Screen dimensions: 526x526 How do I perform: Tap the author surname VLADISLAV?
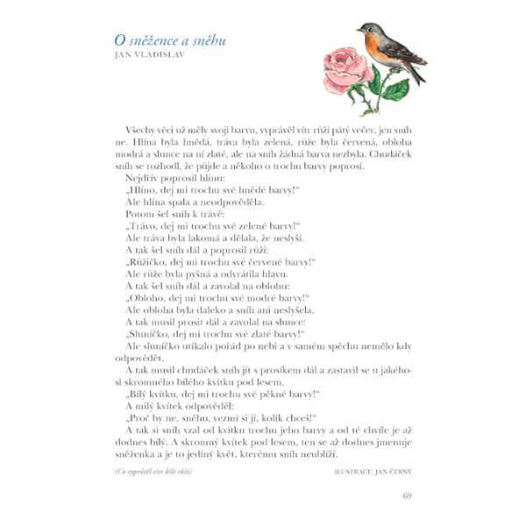(163, 57)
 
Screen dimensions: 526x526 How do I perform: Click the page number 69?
(407, 497)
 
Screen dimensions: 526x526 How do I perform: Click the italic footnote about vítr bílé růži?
(153, 473)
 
